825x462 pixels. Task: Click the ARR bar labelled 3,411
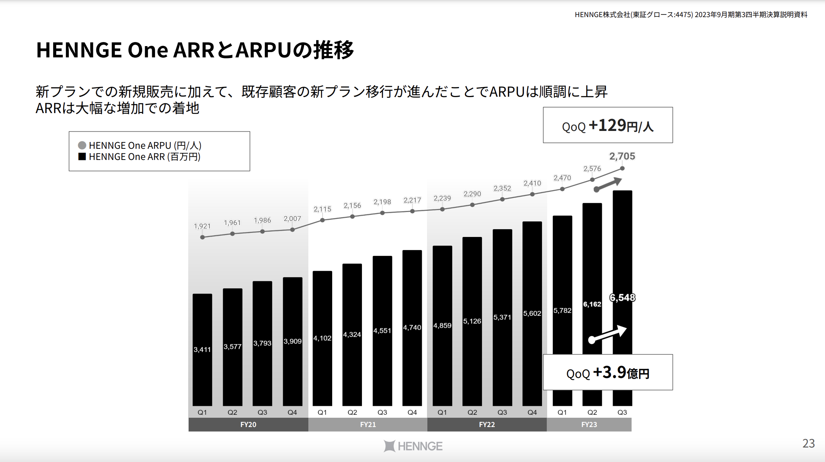point(202,349)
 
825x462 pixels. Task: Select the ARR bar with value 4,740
point(412,327)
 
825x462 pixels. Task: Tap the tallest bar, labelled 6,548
point(622,260)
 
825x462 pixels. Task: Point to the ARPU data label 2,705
point(622,156)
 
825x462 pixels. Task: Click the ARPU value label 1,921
point(202,226)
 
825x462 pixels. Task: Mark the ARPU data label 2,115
point(322,209)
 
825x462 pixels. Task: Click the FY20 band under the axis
point(248,424)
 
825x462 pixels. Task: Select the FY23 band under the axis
point(589,424)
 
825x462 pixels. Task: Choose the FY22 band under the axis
point(487,424)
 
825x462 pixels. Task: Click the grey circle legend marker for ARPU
point(82,145)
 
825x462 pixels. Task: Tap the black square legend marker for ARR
point(82,157)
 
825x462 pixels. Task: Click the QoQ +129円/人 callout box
point(608,125)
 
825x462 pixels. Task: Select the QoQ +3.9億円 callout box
point(608,372)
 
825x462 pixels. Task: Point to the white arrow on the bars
point(608,334)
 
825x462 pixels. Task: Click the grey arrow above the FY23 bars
point(608,184)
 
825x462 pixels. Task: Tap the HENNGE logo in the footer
point(413,446)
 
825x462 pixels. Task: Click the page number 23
point(809,443)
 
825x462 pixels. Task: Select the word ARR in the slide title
point(193,50)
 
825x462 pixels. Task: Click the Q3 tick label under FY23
point(622,412)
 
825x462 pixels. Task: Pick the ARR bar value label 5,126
point(472,321)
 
